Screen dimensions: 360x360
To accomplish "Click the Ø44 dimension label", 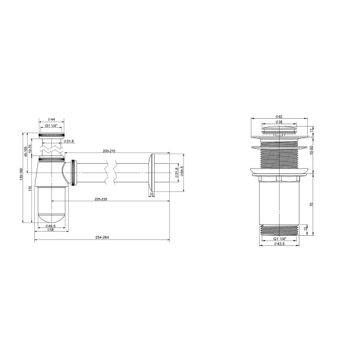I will coord(52,121).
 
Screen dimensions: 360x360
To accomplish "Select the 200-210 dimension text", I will coord(109,151).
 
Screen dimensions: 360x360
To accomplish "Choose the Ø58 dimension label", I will coord(52,229).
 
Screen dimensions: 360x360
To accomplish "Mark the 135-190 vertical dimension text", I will coord(21,180).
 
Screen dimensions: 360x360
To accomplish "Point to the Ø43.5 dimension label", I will coord(280,244).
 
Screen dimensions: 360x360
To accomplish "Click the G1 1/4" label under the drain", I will coord(280,238).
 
